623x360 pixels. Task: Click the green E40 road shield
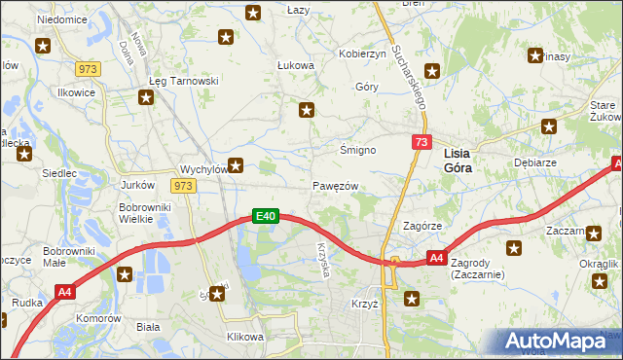(267, 216)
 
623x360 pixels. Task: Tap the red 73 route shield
(421, 142)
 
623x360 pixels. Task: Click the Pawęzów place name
(336, 186)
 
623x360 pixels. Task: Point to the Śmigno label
(357, 151)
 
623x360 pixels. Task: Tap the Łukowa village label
(296, 66)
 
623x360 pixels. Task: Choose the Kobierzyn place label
(362, 54)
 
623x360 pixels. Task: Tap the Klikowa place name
(244, 337)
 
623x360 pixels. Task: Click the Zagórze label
(423, 225)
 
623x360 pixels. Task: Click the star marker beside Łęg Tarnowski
(146, 97)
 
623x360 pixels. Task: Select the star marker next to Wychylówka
(235, 165)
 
